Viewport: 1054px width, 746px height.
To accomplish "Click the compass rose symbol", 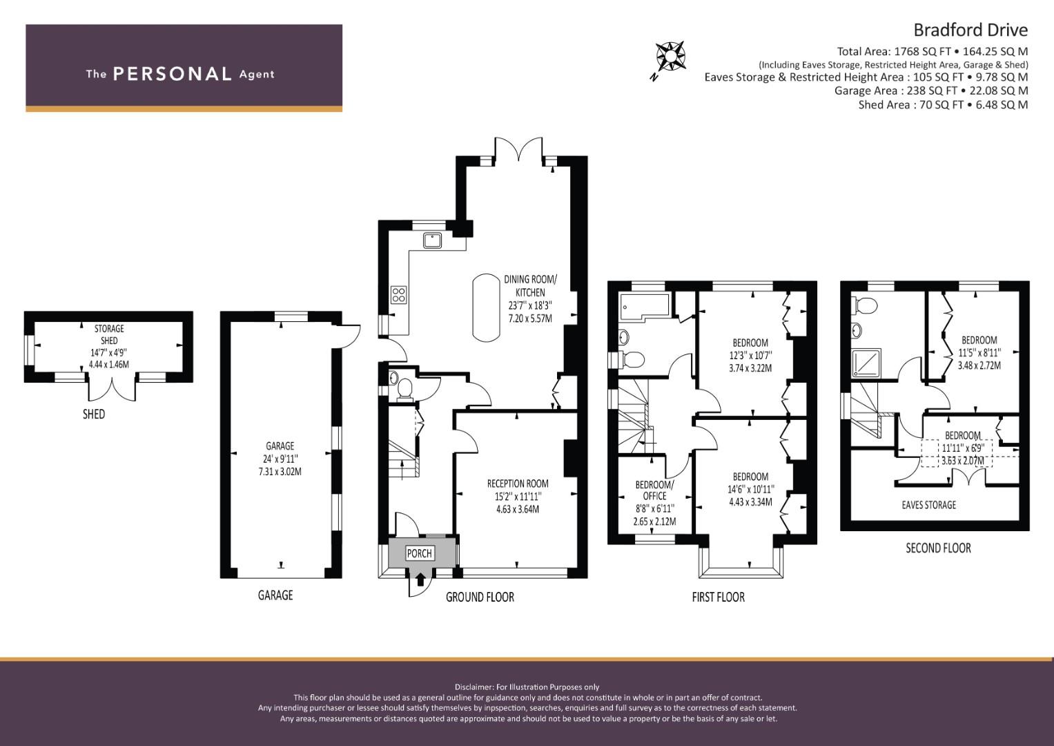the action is point(670,57).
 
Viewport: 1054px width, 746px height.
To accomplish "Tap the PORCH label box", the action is point(419,553).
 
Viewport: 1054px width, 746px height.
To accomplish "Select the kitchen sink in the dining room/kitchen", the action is point(431,240).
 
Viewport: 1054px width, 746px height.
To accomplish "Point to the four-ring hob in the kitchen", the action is point(398,295).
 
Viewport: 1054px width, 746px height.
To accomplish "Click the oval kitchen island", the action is point(487,307).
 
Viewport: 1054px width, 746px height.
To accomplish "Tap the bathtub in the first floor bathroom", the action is point(645,307).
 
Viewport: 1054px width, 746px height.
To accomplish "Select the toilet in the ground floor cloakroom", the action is point(404,390).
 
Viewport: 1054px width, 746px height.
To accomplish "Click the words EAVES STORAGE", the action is point(929,505).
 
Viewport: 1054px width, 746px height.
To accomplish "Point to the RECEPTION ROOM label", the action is point(518,484).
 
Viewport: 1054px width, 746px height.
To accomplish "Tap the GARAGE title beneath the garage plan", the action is point(275,595).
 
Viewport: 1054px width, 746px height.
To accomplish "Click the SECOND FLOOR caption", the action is point(938,548).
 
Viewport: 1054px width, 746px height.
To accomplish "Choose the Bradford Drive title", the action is point(970,30).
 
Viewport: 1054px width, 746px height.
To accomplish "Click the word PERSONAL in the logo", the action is point(173,74).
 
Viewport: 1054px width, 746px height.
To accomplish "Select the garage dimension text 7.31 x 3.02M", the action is point(280,471).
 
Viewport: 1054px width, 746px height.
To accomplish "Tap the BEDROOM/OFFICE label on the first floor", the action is point(654,490).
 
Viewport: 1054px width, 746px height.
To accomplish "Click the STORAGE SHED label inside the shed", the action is point(109,334).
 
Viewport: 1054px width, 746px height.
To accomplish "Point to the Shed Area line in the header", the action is point(943,104).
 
